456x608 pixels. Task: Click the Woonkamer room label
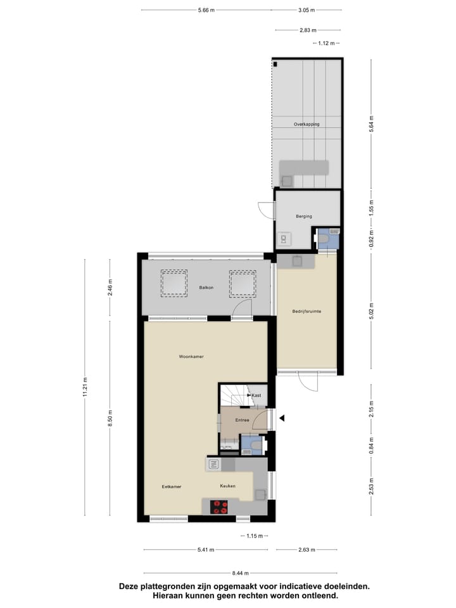(x=191, y=357)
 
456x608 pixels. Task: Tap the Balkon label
(x=205, y=288)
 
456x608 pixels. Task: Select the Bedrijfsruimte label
(x=306, y=311)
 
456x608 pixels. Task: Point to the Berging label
(x=304, y=217)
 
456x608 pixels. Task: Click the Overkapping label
(x=307, y=124)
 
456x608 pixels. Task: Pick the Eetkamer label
(x=172, y=486)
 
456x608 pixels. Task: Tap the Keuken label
(x=228, y=486)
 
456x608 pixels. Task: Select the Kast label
(x=256, y=396)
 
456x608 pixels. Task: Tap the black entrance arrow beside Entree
(x=283, y=418)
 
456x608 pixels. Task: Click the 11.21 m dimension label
(x=85, y=387)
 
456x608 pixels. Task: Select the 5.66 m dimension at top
(x=206, y=10)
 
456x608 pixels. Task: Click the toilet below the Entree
(x=255, y=446)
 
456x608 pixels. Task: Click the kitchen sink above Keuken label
(x=213, y=465)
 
